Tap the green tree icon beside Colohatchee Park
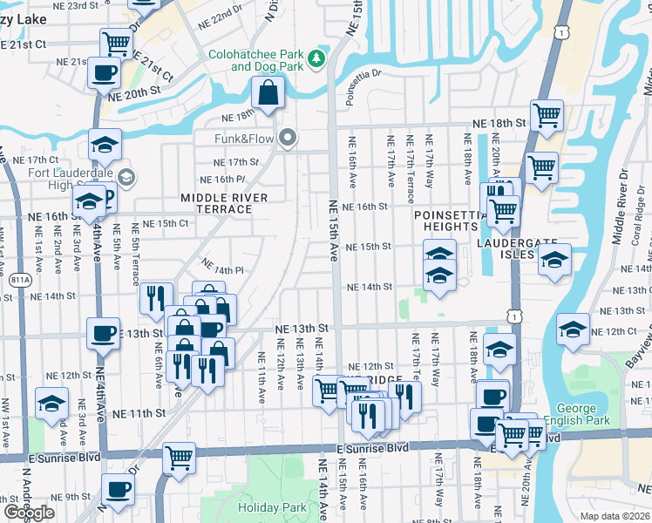pyautogui.click(x=318, y=59)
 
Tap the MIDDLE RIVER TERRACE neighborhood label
pyautogui.click(x=224, y=204)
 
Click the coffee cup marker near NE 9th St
pyautogui.click(x=118, y=489)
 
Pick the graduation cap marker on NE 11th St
pyautogui.click(x=51, y=403)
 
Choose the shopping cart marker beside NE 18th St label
pyautogui.click(x=546, y=114)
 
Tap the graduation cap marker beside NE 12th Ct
pyautogui.click(x=572, y=329)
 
